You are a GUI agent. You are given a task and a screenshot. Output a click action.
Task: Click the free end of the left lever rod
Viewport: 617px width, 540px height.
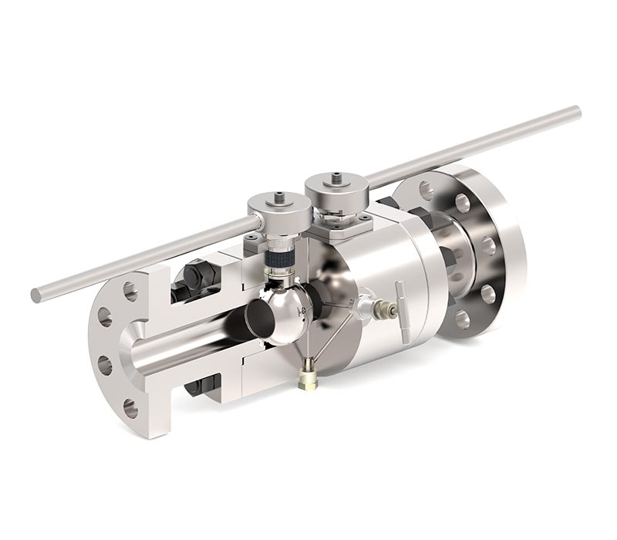coord(36,294)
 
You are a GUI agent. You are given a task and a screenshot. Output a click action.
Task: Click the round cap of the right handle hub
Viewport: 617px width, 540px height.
coord(336,186)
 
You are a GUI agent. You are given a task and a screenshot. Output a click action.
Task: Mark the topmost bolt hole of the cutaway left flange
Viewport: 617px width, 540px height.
coord(130,292)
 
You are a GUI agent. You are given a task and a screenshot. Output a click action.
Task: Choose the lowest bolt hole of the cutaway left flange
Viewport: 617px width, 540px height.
coord(130,407)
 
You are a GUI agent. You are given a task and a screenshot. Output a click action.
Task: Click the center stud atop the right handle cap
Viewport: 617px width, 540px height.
coord(336,178)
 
